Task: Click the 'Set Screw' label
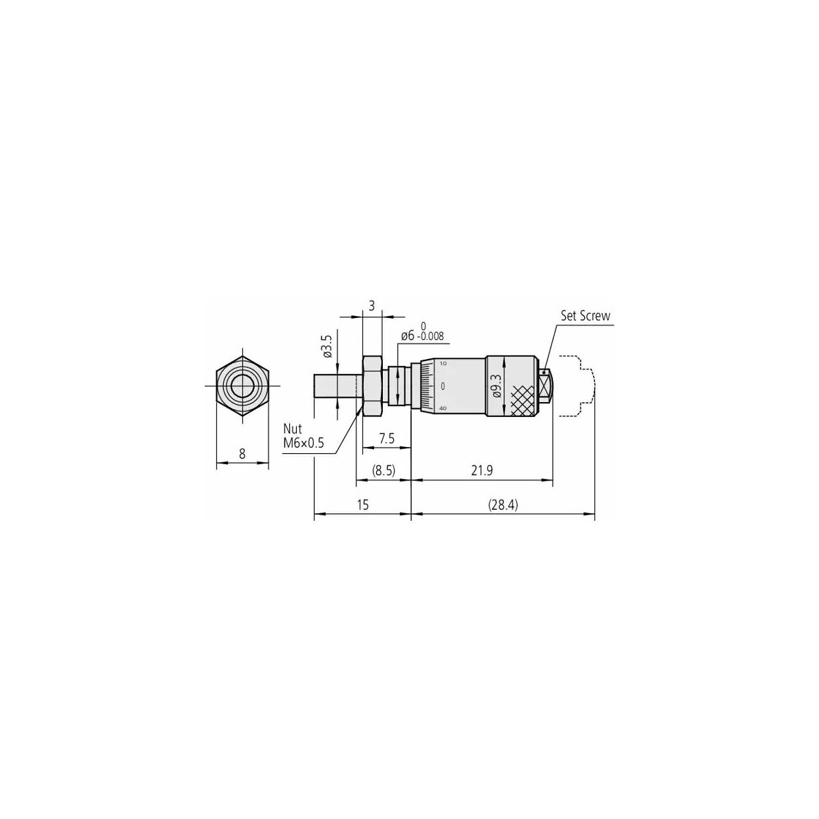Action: (585, 316)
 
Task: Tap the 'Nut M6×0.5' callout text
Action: (304, 435)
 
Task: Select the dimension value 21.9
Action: (482, 470)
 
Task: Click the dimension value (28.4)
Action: (503, 505)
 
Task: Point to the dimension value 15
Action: (362, 505)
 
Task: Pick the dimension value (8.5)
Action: (384, 470)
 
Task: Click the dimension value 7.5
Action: (387, 438)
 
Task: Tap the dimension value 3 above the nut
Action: (372, 306)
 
